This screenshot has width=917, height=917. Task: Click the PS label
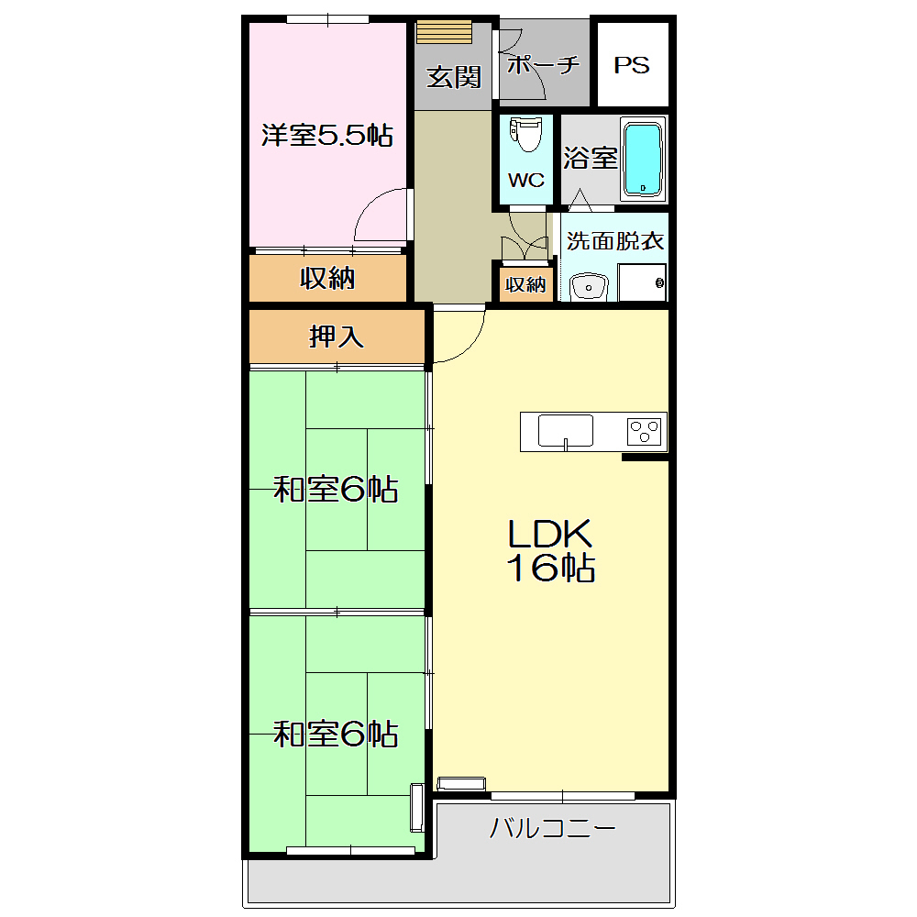pyautogui.click(x=632, y=65)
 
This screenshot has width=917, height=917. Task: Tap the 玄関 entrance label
pyautogui.click(x=453, y=77)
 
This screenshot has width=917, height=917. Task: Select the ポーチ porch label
pyautogui.click(x=543, y=64)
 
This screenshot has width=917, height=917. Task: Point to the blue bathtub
pyautogui.click(x=643, y=159)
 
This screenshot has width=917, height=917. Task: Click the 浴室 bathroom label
pyautogui.click(x=590, y=158)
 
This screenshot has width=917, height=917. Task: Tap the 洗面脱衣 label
pyautogui.click(x=614, y=241)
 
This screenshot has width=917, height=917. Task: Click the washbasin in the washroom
pyautogui.click(x=589, y=286)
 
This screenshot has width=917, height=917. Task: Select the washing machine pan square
pyautogui.click(x=642, y=282)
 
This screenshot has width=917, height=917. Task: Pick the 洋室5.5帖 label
pyautogui.click(x=327, y=135)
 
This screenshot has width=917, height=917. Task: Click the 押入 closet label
pyautogui.click(x=337, y=337)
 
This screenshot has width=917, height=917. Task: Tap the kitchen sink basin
pyautogui.click(x=566, y=430)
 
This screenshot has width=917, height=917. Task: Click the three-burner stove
pyautogui.click(x=645, y=432)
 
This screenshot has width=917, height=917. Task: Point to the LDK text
pyautogui.click(x=549, y=534)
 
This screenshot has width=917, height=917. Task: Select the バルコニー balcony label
pyautogui.click(x=553, y=828)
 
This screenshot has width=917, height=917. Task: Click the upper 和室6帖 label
pyautogui.click(x=336, y=489)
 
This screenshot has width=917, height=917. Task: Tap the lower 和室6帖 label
pyautogui.click(x=336, y=734)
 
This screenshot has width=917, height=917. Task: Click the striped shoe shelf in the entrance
pyautogui.click(x=444, y=31)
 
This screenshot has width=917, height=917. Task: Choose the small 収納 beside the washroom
pyautogui.click(x=525, y=285)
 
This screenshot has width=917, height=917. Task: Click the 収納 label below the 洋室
pyautogui.click(x=327, y=278)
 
